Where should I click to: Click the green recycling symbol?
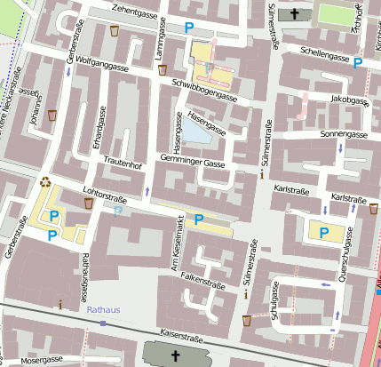tap(45, 182)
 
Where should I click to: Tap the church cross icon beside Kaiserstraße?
tap(175, 356)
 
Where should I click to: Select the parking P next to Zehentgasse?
tap(189, 28)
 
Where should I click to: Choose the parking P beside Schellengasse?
tap(358, 62)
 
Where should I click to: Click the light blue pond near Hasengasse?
tap(196, 132)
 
